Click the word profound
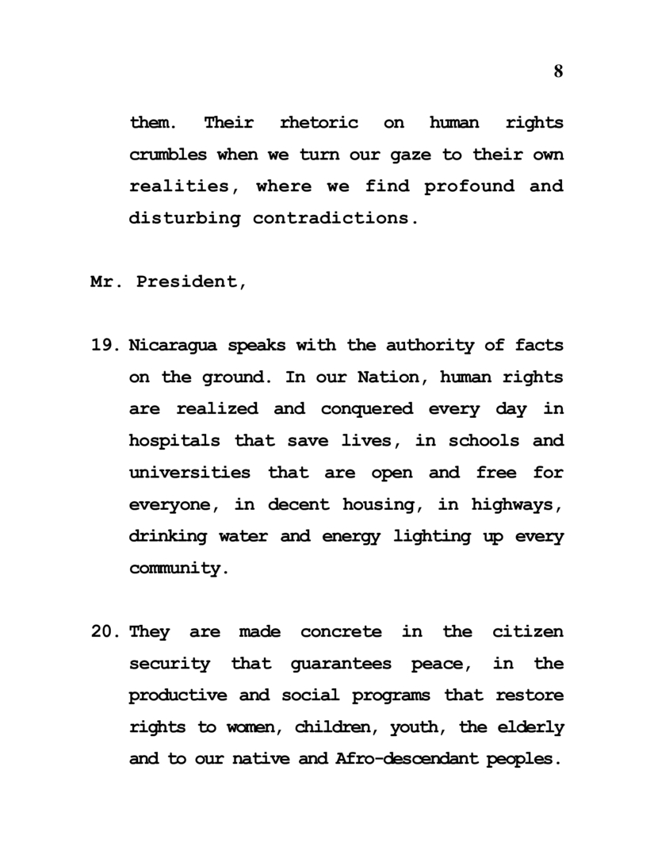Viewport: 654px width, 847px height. click(455, 186)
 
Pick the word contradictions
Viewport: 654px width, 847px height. click(335, 218)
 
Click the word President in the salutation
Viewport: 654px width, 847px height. click(191, 282)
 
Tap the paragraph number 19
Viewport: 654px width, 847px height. click(105, 346)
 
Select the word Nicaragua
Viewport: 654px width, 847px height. click(174, 346)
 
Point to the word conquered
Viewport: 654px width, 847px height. click(367, 409)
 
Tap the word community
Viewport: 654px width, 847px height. click(173, 569)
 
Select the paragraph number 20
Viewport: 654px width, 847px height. click(105, 632)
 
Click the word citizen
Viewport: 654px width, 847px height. click(528, 632)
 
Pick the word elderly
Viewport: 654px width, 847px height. click(533, 727)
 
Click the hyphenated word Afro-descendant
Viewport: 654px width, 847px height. click(407, 759)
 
